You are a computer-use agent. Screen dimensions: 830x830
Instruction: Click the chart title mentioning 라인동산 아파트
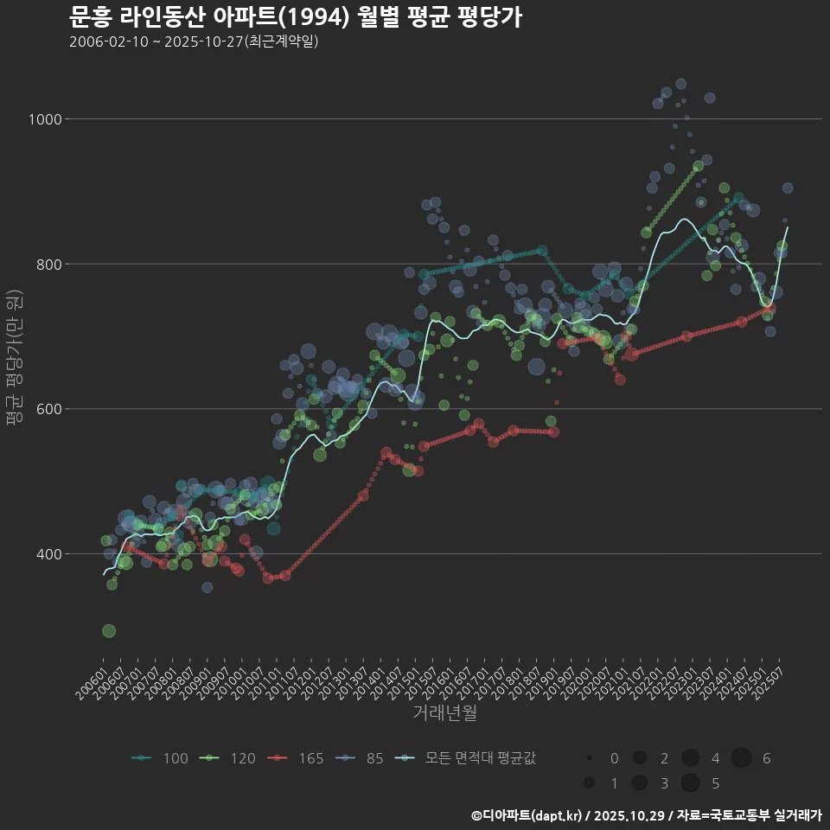295,16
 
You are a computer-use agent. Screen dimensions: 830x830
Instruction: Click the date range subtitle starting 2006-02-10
194,41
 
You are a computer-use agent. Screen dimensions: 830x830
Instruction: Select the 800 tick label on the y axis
49,264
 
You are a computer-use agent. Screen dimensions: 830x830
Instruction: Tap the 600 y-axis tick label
49,409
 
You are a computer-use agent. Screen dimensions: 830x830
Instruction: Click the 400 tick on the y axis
49,554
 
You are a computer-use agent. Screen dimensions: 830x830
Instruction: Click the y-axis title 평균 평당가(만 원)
15,357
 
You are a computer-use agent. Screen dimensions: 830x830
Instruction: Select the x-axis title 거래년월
444,712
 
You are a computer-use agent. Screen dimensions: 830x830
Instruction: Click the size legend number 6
766,759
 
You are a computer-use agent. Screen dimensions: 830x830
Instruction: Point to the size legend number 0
614,759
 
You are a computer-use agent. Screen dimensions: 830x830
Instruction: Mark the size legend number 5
715,784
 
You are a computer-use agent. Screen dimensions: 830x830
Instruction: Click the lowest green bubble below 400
109,631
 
